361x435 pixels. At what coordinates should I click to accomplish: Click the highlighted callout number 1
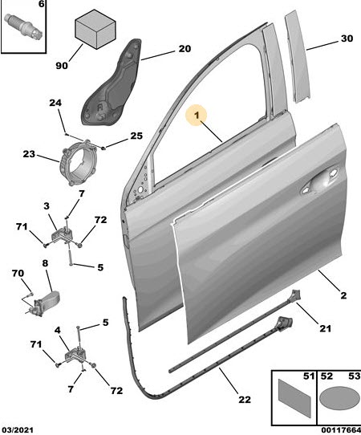coord(197,115)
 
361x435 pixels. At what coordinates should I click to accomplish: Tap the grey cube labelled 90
coord(95,29)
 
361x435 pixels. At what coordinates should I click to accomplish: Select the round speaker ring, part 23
coord(77,163)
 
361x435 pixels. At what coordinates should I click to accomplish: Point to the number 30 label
coord(347,39)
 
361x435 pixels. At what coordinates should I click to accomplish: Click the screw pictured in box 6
coord(24,25)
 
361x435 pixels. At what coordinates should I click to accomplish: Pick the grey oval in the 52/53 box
coord(339,398)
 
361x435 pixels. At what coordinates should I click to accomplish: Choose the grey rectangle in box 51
coord(294,398)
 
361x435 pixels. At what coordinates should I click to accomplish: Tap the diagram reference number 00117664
coord(341,430)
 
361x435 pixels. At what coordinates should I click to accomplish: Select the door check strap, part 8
coord(44,304)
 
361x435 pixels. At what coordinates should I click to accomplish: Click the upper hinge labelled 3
coord(63,237)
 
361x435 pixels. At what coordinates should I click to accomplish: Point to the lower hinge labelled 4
coord(75,355)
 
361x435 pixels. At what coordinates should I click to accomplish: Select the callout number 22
coord(244,400)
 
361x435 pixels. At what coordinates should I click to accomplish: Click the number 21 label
coord(325,328)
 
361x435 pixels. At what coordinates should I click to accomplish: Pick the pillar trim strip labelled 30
coord(298,57)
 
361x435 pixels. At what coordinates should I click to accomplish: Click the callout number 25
coord(136,136)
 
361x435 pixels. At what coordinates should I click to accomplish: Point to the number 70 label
coord(18,273)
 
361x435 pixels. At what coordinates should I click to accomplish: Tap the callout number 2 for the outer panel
coord(343,295)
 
